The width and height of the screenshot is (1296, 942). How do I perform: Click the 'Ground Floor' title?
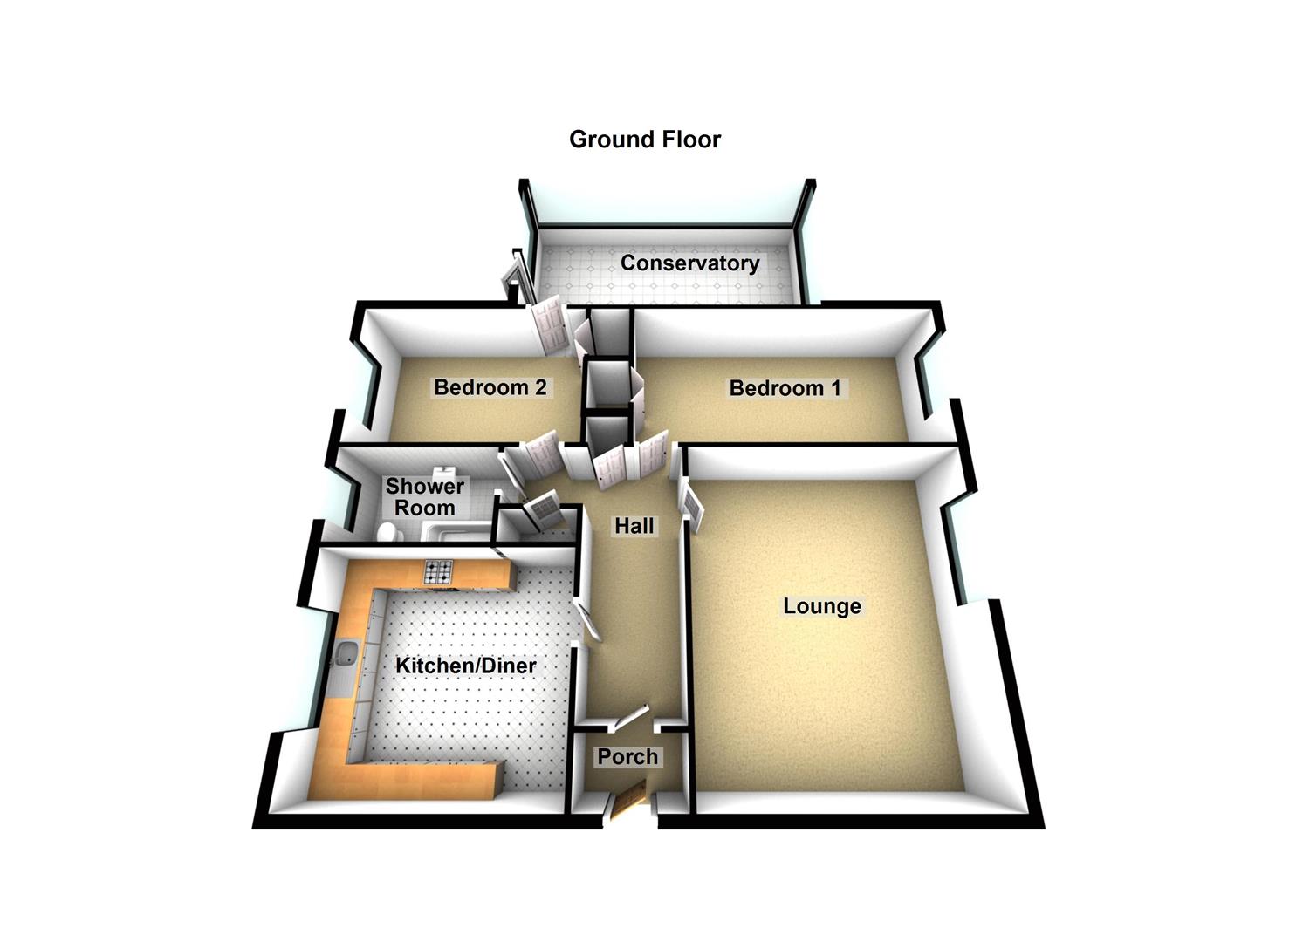click(644, 140)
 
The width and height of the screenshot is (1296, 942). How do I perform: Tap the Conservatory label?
click(689, 263)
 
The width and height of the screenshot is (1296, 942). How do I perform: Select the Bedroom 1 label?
click(785, 388)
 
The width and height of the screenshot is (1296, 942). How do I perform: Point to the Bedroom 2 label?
click(490, 387)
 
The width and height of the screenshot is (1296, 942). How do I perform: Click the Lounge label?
click(821, 606)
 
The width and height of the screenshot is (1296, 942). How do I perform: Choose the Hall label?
click(634, 526)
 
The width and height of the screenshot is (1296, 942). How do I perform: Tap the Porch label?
click(627, 756)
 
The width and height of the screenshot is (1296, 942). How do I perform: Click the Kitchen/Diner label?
click(465, 666)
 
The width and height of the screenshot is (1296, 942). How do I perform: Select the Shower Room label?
click(425, 497)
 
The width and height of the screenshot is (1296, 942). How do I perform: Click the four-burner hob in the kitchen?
click(439, 572)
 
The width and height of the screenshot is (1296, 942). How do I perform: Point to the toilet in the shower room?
click(388, 532)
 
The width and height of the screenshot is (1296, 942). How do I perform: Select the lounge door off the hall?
click(690, 504)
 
